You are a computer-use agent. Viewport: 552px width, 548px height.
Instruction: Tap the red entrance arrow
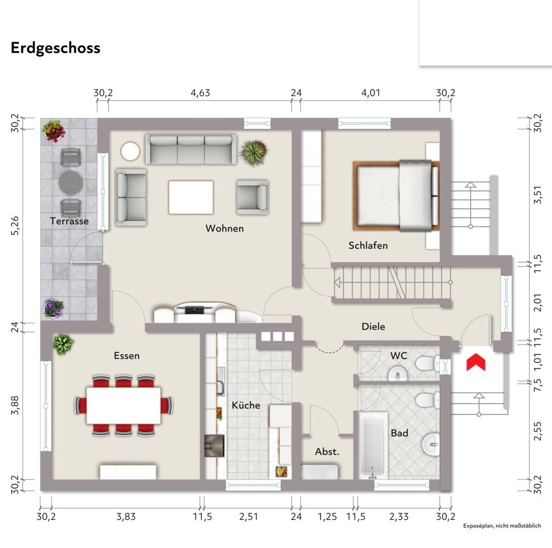point(476,362)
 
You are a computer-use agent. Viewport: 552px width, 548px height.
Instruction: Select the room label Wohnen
point(224,228)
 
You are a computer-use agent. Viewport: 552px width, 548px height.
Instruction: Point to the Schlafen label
point(368,245)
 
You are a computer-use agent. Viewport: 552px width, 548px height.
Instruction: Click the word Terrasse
point(69,221)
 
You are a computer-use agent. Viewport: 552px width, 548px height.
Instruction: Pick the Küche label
point(246,405)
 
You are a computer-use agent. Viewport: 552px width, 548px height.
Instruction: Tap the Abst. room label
point(327,452)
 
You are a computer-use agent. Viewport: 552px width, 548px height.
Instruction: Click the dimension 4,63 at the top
point(201,93)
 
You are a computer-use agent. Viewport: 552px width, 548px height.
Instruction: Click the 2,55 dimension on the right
point(538,431)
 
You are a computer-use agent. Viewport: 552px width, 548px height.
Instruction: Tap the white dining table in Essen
point(123,405)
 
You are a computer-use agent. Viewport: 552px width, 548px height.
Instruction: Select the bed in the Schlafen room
point(396,196)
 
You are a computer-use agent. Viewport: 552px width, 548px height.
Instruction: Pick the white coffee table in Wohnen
point(191,197)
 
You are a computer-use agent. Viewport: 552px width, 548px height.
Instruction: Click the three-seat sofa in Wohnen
point(191,149)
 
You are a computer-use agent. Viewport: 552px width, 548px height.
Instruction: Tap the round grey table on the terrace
point(71,183)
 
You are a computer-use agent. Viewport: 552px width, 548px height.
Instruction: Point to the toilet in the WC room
point(426,363)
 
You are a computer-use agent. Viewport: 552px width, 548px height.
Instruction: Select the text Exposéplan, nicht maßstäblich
point(502,534)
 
